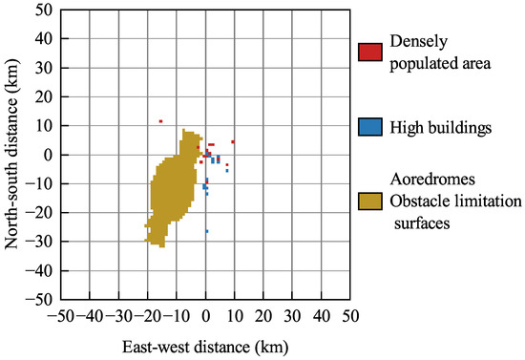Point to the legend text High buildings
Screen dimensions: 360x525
434,126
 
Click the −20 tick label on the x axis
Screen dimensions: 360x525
147,314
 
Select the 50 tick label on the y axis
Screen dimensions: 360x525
44,11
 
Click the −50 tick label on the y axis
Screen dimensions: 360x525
40,299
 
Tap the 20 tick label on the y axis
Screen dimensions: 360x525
44,96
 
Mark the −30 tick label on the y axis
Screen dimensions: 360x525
40,242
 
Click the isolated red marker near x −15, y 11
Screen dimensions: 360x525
161,121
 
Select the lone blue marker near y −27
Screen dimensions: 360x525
206,231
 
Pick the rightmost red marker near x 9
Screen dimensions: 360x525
232,141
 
